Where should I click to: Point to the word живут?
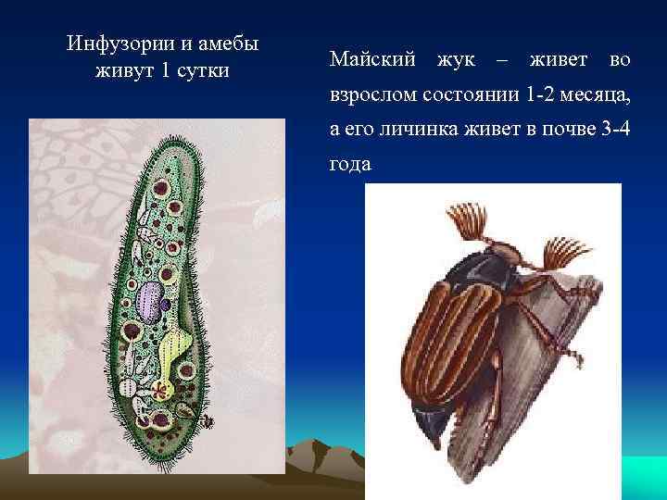click(x=124, y=71)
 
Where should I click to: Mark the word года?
click(x=350, y=165)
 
